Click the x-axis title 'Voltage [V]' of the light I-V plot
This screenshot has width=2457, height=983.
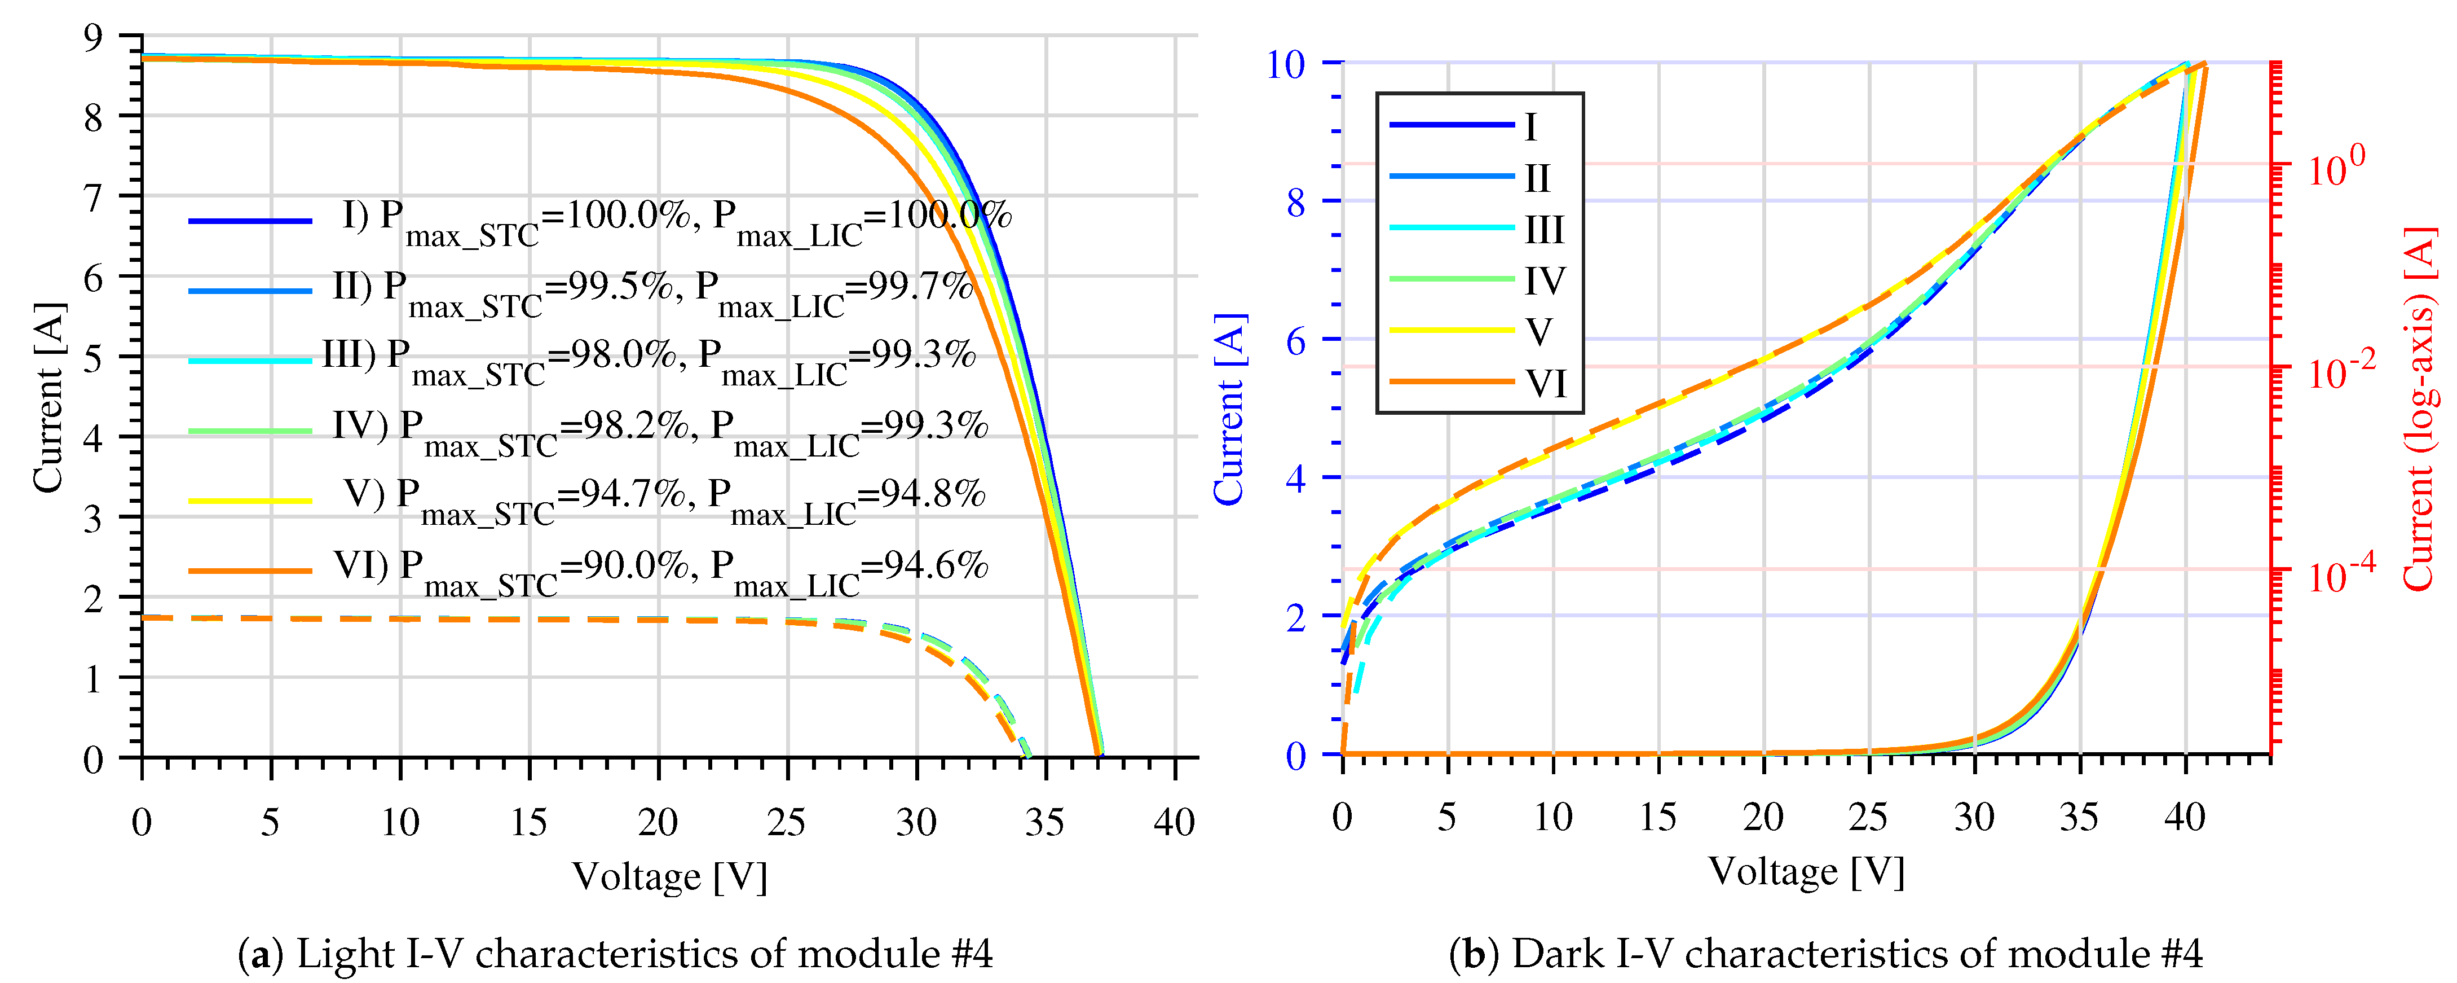[669, 876]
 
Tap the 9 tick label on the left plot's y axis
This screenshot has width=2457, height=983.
[92, 38]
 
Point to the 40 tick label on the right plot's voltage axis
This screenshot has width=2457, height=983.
[2184, 817]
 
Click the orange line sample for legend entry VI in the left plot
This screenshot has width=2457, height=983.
[250, 571]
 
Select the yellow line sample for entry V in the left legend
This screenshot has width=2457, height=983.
[250, 500]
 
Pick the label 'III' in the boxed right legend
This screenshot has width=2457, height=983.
[1544, 230]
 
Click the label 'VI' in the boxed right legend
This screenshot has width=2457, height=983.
[1545, 384]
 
